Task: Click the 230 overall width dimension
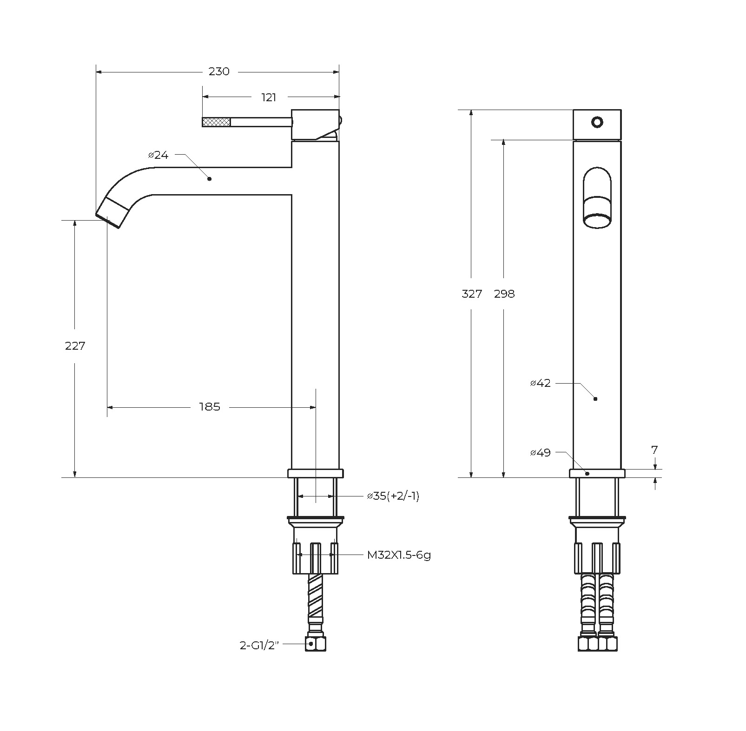tap(219, 72)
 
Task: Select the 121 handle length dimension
tap(269, 98)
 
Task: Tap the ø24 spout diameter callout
tap(158, 155)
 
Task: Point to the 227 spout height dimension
tap(75, 346)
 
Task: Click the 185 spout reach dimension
tap(210, 407)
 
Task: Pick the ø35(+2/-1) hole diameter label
tap(393, 496)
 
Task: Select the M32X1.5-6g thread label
tap(399, 555)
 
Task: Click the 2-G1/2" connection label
tap(259, 646)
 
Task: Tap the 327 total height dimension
tap(472, 294)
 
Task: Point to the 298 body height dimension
tap(504, 294)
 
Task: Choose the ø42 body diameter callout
tap(540, 383)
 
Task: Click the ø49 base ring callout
tap(540, 452)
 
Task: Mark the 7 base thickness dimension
tap(655, 450)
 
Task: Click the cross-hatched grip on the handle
tap(217, 122)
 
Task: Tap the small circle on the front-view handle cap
tap(597, 122)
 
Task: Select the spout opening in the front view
tap(597, 220)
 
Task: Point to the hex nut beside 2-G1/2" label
tap(316, 644)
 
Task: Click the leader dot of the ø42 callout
tap(595, 399)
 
